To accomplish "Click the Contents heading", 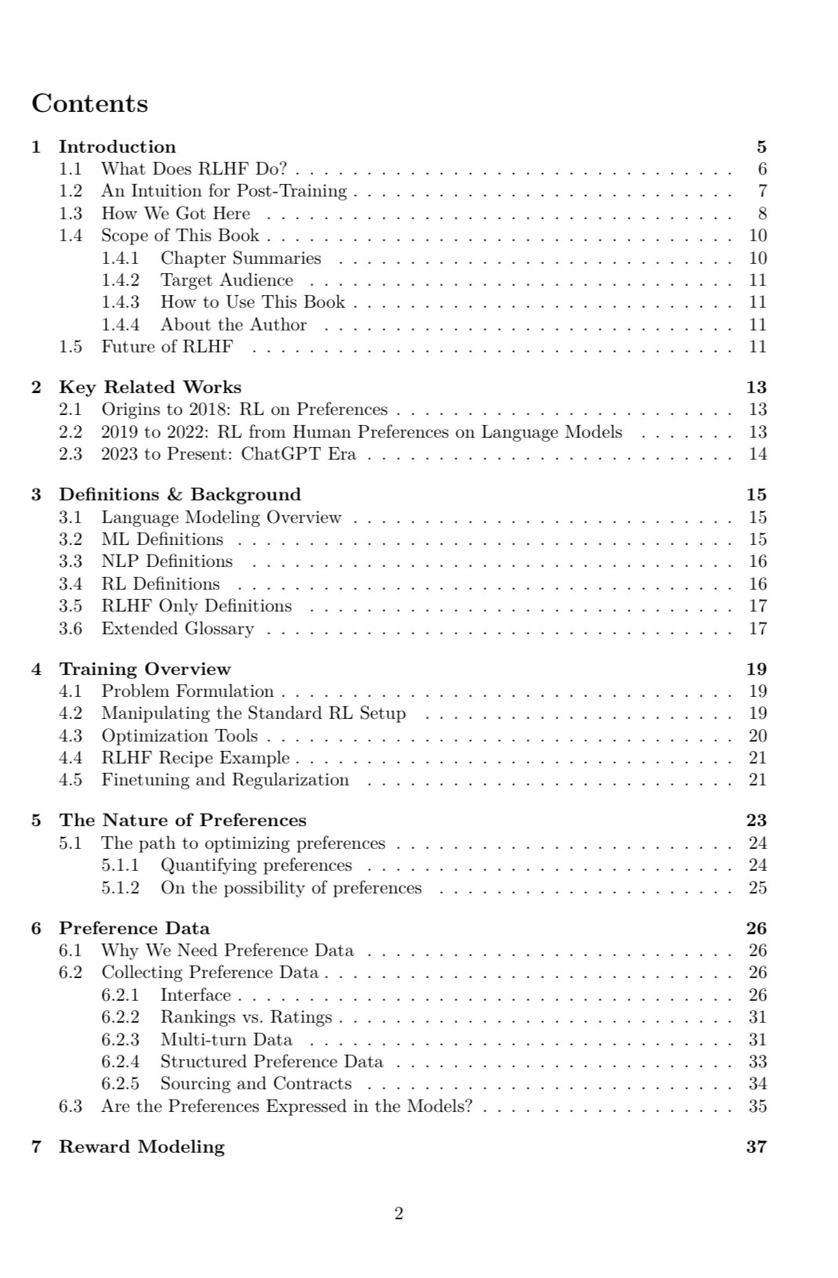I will tap(89, 103).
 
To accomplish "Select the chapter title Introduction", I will tap(117, 146).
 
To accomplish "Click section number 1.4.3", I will tap(120, 302).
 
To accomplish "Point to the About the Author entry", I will tap(233, 325).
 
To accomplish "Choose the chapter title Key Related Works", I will tap(150, 387).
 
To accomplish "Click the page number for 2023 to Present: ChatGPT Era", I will tap(757, 454).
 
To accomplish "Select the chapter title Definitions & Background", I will tap(180, 494).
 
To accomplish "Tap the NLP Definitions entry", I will tap(167, 561).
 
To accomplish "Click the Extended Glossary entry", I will tap(178, 629).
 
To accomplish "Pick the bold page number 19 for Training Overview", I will tap(757, 669).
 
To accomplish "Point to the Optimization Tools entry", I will tap(179, 736).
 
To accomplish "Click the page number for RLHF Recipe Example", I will tap(757, 758).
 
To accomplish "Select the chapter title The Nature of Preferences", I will tap(182, 820).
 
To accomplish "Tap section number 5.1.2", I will tap(120, 888).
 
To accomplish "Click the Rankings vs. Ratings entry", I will tap(246, 1017).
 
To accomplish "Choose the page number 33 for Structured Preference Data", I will tap(757, 1062).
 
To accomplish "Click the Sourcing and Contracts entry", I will tap(256, 1084).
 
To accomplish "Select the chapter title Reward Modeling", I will tap(142, 1146).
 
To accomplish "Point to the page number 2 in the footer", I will tap(399, 1214).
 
